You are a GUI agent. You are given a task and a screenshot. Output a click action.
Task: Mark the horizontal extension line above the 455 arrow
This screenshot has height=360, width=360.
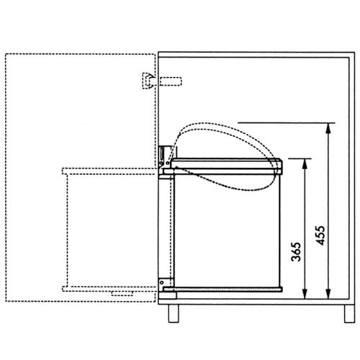coord(284,122)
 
